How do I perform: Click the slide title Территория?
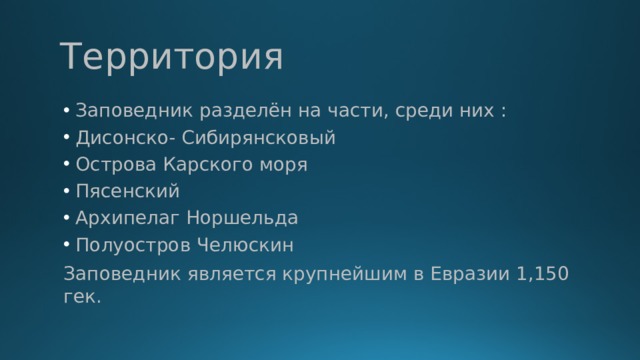(171, 57)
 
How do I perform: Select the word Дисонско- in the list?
(118, 137)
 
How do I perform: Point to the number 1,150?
(540, 274)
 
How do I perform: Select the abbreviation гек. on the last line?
(81, 298)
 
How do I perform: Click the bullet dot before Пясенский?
(65, 191)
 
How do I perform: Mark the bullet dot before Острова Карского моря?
(65, 164)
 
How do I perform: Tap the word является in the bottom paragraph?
(233, 274)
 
